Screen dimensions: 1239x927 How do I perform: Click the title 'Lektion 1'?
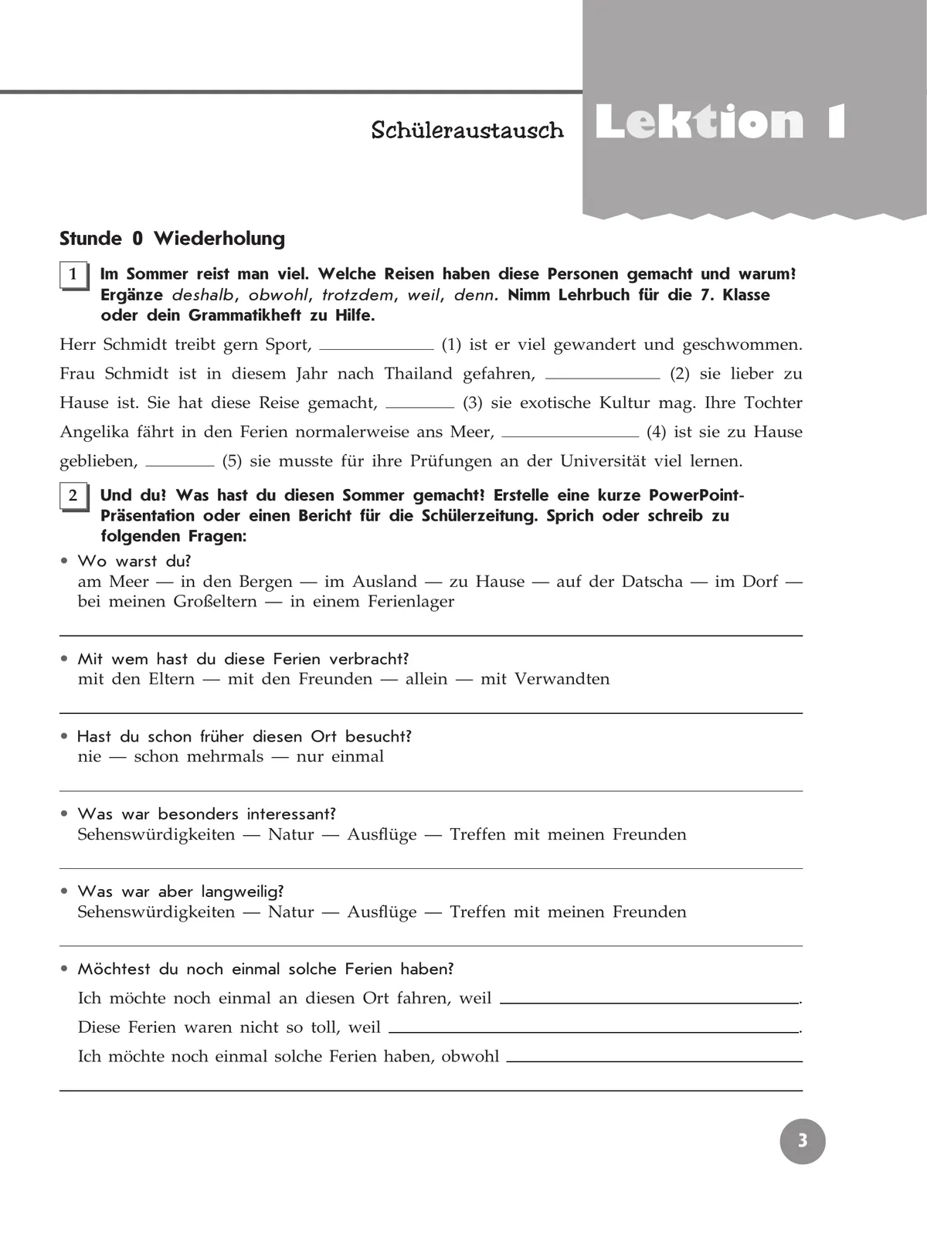pyautogui.click(x=720, y=124)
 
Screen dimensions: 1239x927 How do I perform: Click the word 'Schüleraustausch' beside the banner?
pyautogui.click(x=467, y=130)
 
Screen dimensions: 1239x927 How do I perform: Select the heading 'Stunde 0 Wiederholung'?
pyautogui.click(x=172, y=239)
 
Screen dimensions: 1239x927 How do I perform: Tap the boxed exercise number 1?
pyautogui.click(x=73, y=275)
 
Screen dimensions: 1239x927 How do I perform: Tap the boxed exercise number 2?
pyautogui.click(x=73, y=496)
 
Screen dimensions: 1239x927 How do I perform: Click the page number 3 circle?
pyautogui.click(x=803, y=1141)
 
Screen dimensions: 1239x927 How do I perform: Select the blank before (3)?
pyautogui.click(x=419, y=406)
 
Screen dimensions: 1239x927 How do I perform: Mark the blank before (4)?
pyautogui.click(x=570, y=436)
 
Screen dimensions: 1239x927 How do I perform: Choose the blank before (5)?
pyautogui.click(x=179, y=465)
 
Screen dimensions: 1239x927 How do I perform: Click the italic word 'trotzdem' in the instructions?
pyautogui.click(x=358, y=295)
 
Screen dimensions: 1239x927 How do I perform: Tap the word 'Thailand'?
pyautogui.click(x=419, y=374)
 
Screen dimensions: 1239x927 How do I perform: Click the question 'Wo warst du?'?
pyautogui.click(x=134, y=561)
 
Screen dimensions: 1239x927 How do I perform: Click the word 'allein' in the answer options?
pyautogui.click(x=426, y=679)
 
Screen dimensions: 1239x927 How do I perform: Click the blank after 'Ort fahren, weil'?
pyautogui.click(x=649, y=1002)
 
